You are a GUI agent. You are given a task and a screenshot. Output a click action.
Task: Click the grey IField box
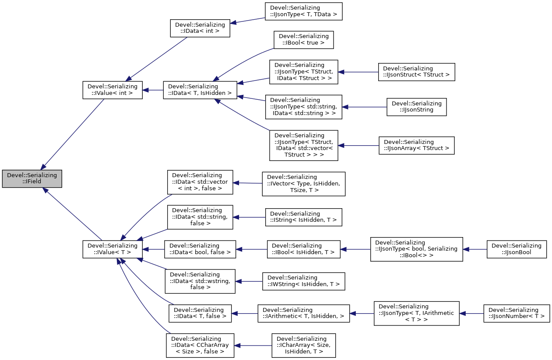32,179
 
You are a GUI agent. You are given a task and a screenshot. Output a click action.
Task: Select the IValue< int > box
113,90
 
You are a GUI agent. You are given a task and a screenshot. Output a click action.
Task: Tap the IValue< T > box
113,249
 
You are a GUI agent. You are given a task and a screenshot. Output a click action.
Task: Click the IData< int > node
200,28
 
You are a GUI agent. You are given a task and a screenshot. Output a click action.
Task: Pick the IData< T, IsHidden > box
200,90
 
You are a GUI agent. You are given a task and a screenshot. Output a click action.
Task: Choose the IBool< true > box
304,39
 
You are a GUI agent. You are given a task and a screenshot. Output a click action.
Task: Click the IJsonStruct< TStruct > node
416,72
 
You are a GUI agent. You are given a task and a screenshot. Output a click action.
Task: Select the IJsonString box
416,107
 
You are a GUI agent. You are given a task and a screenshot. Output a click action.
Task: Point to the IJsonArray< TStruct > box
416,145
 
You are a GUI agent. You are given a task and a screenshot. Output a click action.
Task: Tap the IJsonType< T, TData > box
303,11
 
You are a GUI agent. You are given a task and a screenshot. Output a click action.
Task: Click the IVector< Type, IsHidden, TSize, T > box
303,184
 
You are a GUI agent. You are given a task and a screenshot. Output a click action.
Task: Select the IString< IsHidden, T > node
303,217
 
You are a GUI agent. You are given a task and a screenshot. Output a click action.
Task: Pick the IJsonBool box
517,249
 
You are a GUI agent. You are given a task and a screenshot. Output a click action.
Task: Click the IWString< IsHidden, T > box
303,281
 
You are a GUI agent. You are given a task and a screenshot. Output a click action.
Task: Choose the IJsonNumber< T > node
517,313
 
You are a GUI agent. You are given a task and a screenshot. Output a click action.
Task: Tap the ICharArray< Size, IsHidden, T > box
303,346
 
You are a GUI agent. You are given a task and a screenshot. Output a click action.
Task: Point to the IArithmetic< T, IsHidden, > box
303,313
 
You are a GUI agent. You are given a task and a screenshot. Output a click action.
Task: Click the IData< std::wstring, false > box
200,281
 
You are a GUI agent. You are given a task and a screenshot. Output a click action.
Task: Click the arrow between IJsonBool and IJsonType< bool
475,249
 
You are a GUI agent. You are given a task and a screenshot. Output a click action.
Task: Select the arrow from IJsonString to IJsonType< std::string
364,107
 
